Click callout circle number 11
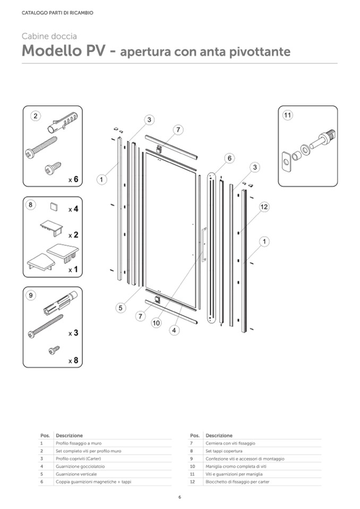pos(288,115)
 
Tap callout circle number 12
pos(264,207)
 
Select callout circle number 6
pos(229,158)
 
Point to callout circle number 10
pos(156,322)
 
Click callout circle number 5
pos(121,307)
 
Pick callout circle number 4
pos(174,330)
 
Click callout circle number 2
pos(35,116)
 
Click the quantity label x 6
pos(73,180)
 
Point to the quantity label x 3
pos(73,333)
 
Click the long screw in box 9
pos(45,325)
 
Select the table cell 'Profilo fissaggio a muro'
pos(78,443)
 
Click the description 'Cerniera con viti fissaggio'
pos(230,443)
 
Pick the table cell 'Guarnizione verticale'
pos(75,474)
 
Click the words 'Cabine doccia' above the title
pos(49,37)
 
